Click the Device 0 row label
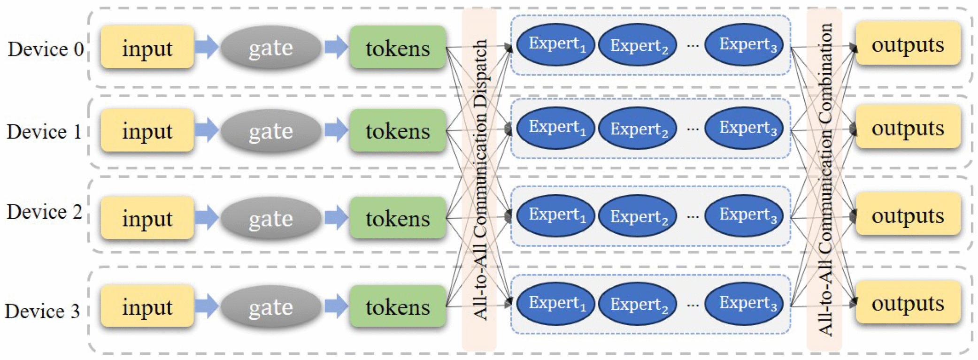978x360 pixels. [46, 49]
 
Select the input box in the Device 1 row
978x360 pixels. [147, 130]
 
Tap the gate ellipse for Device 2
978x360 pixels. [271, 218]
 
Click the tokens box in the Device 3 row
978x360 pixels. [397, 306]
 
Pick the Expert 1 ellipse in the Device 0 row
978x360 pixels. [556, 45]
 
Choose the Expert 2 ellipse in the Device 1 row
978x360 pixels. [638, 129]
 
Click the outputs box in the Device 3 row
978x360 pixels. [908, 303]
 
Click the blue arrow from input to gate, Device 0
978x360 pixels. [207, 46]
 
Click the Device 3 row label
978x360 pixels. [42, 311]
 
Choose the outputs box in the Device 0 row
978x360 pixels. [908, 44]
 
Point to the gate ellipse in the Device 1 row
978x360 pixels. [271, 130]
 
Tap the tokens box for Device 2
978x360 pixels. [397, 218]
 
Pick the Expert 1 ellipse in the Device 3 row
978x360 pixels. [556, 303]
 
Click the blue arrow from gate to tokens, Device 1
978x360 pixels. [336, 130]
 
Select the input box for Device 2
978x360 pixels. [147, 218]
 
